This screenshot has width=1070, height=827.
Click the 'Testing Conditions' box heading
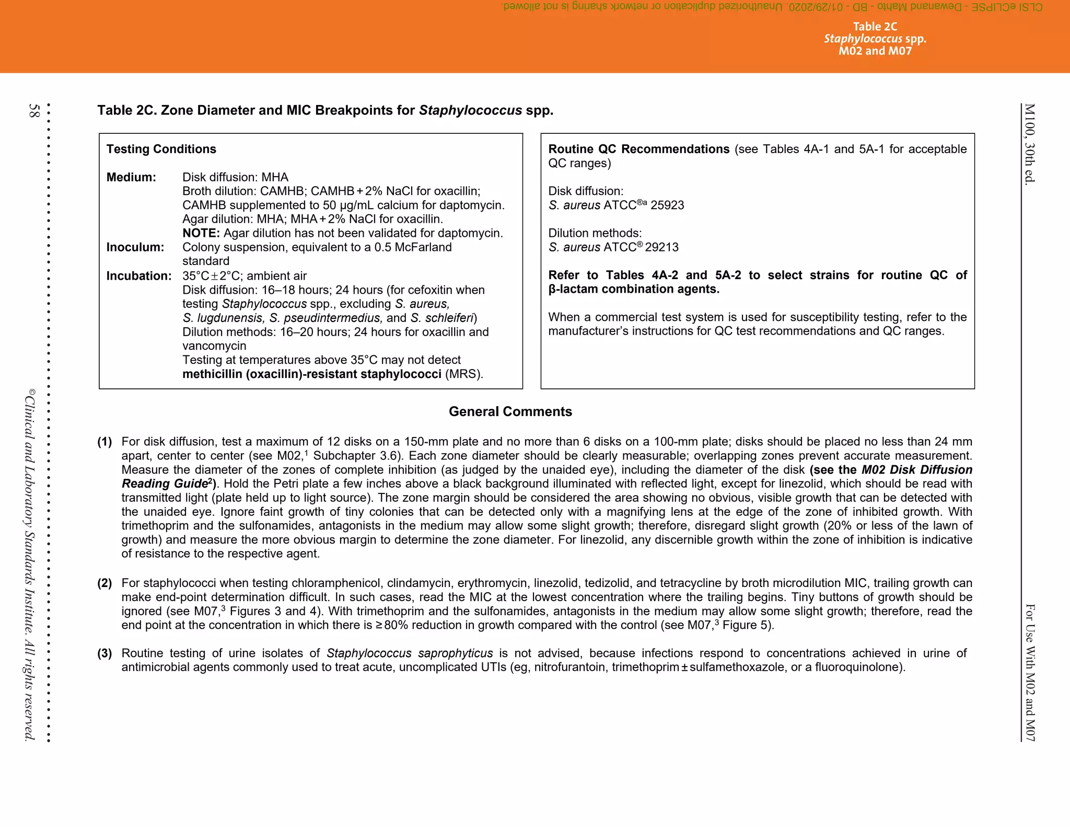click(x=161, y=150)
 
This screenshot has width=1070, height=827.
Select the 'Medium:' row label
click(x=131, y=178)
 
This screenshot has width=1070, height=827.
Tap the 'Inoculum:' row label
click(x=135, y=247)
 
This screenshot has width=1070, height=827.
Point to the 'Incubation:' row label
click(x=139, y=276)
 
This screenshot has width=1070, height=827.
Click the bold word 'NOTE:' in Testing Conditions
click(x=201, y=233)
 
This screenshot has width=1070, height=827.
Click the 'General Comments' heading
click(x=510, y=412)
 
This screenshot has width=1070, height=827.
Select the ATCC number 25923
click(x=667, y=205)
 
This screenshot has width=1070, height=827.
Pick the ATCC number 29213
click(x=661, y=247)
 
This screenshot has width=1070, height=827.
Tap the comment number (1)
click(x=104, y=442)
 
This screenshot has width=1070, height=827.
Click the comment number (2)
click(x=104, y=583)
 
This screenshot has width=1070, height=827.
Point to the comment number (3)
click(x=104, y=653)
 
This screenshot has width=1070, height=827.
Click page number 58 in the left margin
click(x=34, y=110)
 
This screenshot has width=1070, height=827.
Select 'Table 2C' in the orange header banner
click(x=875, y=27)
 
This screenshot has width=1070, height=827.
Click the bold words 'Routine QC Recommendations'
click(x=638, y=150)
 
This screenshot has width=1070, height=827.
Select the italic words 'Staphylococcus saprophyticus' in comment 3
click(x=410, y=653)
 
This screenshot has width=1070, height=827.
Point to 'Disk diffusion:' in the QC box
click(x=586, y=191)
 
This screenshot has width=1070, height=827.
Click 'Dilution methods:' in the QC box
click(x=595, y=233)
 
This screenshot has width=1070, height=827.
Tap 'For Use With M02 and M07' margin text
click(x=1030, y=672)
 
